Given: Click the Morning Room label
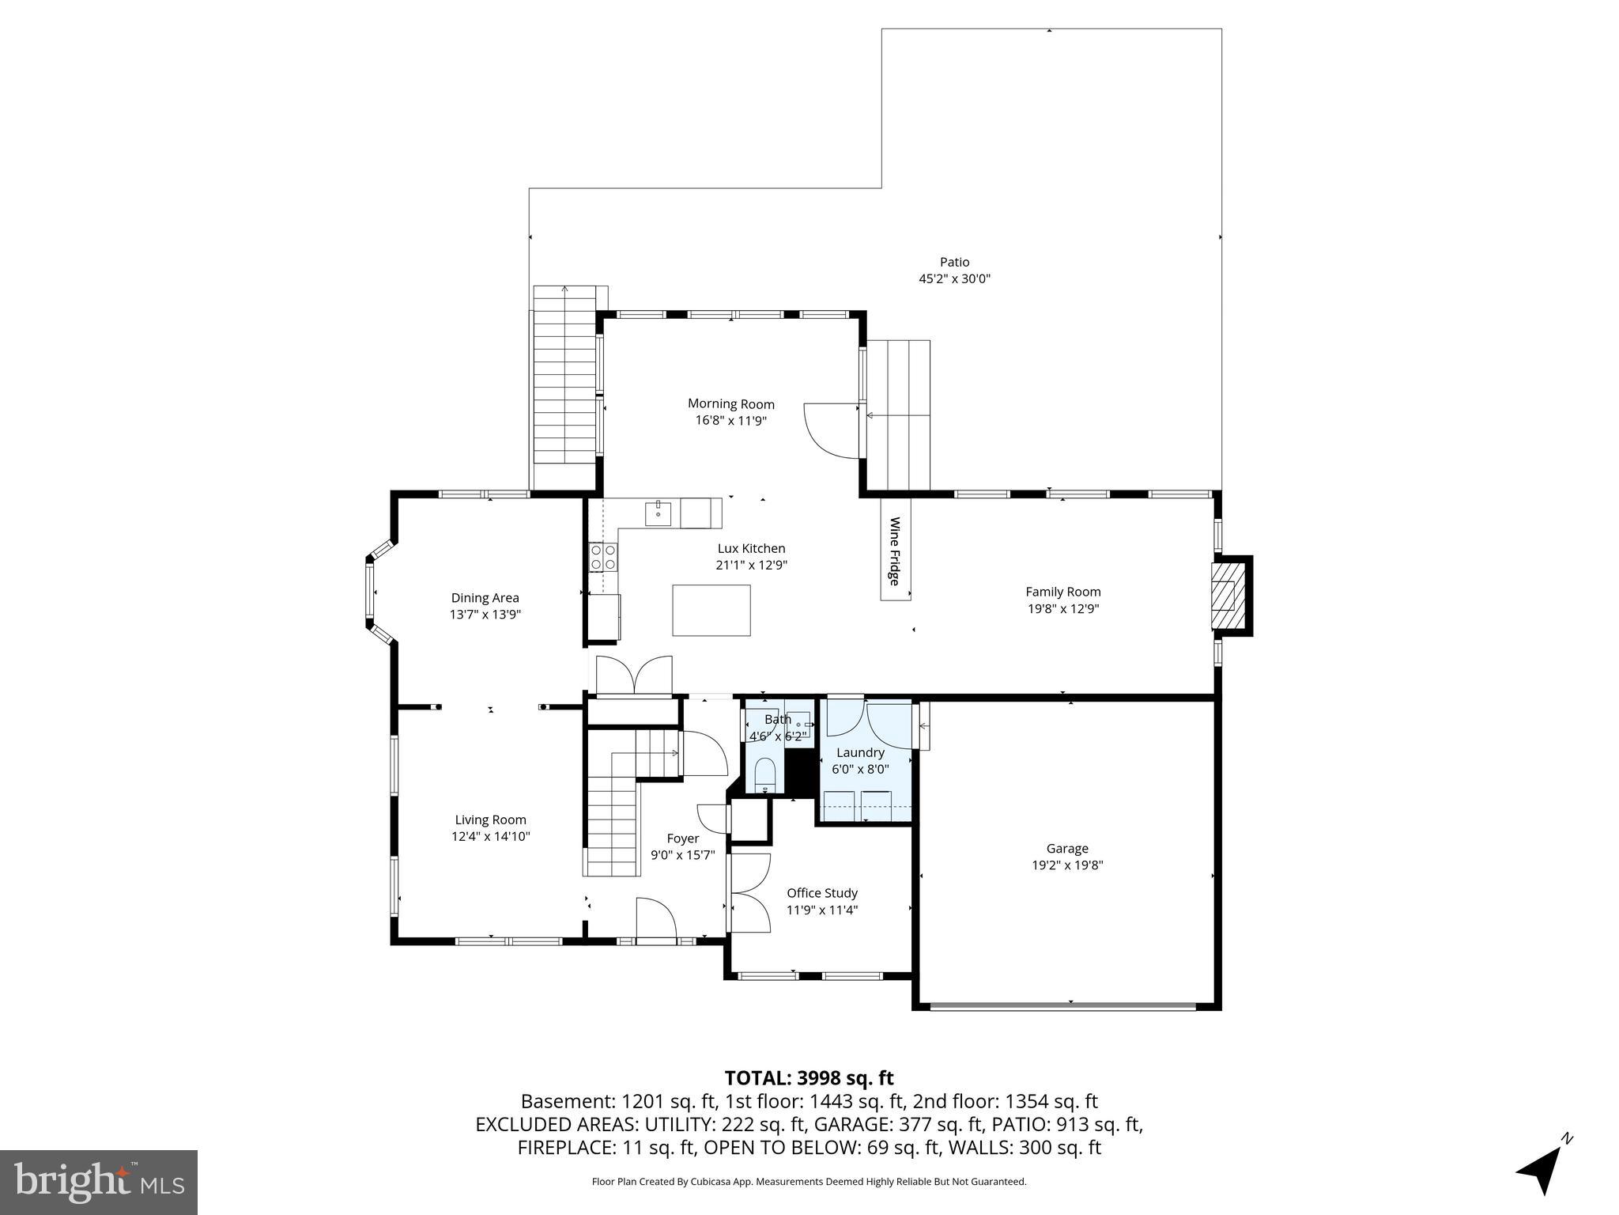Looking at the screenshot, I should click(730, 404).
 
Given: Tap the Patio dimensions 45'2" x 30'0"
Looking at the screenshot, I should click(954, 278).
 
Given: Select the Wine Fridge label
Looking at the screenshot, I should click(895, 551).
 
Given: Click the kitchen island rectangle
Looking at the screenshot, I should click(711, 610).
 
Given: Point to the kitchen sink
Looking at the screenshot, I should click(658, 513).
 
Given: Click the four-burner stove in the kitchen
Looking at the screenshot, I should click(603, 557).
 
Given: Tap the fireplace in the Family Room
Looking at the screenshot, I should click(1228, 595).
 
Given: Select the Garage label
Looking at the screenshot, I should click(1067, 849).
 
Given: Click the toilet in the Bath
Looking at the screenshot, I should click(764, 774).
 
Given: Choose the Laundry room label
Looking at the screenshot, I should click(860, 752).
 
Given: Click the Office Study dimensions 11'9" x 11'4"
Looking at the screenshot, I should click(822, 910).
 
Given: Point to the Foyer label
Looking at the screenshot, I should click(682, 838).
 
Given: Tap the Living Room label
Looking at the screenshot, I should click(490, 820).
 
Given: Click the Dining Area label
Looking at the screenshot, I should click(485, 598).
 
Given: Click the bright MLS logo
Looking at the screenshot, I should click(99, 1182).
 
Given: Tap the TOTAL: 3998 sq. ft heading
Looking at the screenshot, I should click(809, 1078).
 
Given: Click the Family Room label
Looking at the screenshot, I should click(1062, 592).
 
